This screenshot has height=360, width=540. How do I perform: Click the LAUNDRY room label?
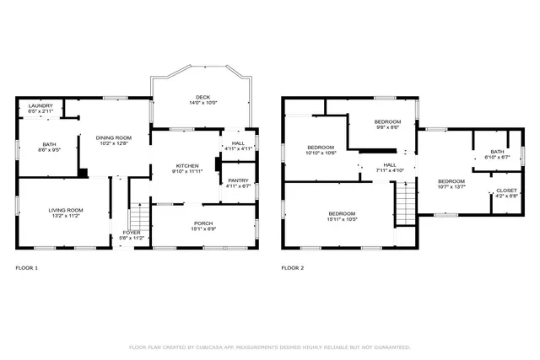40,106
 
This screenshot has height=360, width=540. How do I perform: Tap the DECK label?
202,98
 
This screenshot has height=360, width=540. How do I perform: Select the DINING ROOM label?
114,137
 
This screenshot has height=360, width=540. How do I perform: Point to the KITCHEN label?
187,165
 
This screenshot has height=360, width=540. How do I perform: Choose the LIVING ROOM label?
65,210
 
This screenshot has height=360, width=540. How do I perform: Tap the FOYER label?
132,233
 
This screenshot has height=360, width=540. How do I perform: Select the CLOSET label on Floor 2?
506,191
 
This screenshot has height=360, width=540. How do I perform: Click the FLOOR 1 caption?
27,268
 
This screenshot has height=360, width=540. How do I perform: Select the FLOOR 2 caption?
293,268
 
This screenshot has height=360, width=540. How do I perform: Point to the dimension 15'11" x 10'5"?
342,219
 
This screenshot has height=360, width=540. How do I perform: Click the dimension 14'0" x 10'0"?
202,104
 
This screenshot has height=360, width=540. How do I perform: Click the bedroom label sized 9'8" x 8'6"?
387,122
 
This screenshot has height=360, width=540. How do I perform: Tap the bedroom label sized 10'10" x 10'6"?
321,148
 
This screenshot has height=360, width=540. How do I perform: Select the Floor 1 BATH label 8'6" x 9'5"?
50,145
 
